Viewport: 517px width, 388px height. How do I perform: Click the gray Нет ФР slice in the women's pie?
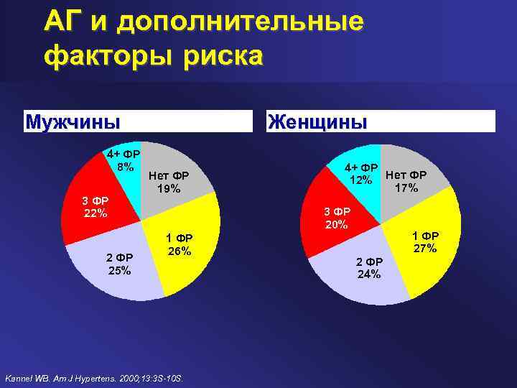pos(413,194)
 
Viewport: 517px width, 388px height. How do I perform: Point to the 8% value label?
pos(126,167)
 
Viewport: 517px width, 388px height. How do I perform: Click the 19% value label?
pos(169,189)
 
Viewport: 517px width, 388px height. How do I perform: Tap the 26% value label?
pos(178,251)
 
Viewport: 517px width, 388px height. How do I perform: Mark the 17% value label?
pos(406,188)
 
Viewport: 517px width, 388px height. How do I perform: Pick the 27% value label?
pos(424,248)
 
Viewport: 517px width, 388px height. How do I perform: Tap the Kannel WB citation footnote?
pos(94,377)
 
